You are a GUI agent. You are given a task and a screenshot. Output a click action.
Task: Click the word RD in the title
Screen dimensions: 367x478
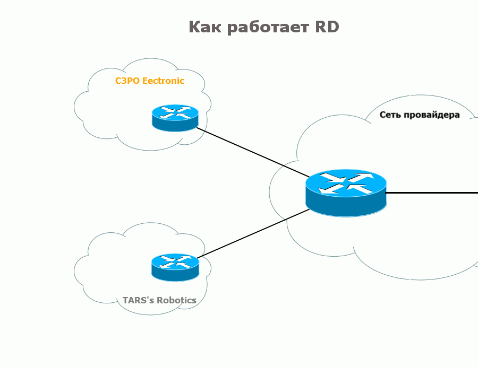(324, 27)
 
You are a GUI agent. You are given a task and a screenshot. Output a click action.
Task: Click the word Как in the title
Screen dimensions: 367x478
(205, 27)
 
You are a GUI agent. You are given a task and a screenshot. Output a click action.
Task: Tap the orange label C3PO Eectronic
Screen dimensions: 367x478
(150, 81)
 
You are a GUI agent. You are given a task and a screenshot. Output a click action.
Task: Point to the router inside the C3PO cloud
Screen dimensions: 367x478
(175, 118)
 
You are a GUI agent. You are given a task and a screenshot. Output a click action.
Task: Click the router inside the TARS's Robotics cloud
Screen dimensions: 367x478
(175, 267)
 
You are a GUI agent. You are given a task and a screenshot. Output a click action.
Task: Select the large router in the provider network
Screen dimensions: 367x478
(346, 193)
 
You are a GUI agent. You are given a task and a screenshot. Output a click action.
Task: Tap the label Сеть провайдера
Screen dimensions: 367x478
(420, 115)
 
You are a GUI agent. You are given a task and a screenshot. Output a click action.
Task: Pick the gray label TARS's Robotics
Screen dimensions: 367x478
(159, 300)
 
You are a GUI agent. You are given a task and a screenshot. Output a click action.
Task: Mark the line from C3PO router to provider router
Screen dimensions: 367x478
(252, 152)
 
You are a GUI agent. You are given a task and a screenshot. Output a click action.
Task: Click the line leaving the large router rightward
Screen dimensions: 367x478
(433, 193)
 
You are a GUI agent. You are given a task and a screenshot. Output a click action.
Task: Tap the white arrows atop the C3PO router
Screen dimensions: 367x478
(175, 112)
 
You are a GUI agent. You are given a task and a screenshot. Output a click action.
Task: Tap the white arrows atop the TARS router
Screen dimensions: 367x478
(175, 261)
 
